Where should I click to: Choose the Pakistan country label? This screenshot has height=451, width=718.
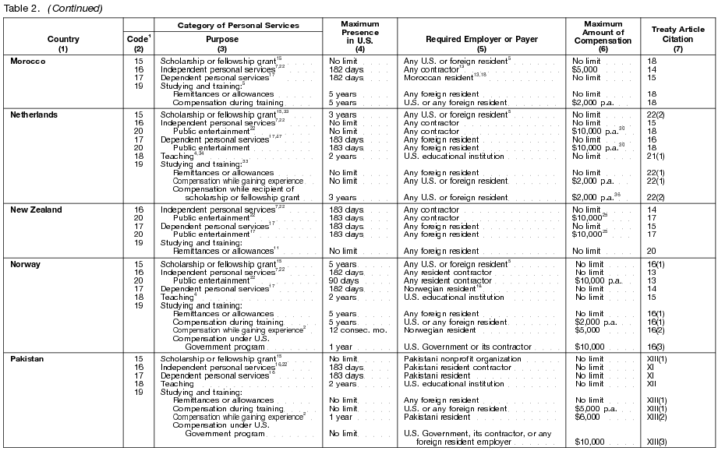[27, 359]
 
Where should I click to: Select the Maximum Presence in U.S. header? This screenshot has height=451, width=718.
[360, 33]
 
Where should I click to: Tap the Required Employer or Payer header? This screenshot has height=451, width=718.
[479, 37]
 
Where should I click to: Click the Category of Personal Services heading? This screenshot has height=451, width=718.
[239, 25]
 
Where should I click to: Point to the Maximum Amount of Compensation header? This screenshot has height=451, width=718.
[603, 33]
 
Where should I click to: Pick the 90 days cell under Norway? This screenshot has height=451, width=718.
[343, 280]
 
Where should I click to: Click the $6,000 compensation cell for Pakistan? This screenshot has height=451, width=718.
[587, 416]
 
